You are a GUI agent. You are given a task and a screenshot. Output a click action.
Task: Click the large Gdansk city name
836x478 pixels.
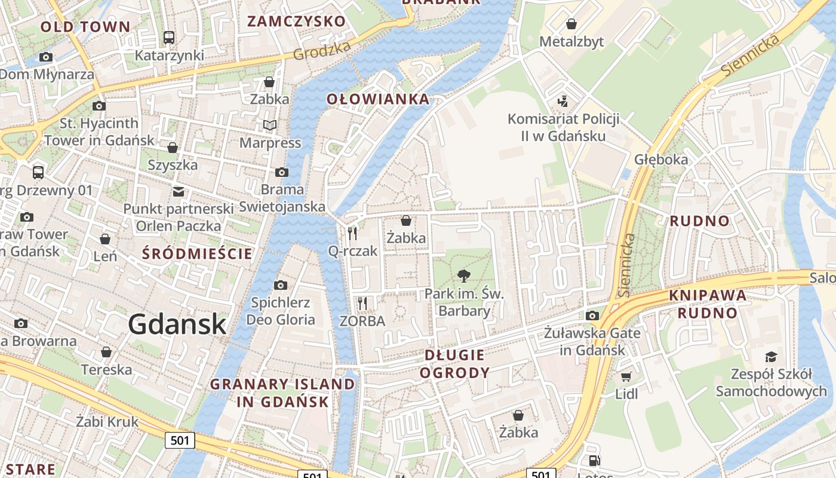177,324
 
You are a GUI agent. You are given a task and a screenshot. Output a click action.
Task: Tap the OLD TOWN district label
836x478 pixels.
85,27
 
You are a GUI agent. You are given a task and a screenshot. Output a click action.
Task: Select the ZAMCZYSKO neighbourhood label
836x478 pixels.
297,22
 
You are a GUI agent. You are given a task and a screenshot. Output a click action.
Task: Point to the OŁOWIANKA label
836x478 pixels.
378,99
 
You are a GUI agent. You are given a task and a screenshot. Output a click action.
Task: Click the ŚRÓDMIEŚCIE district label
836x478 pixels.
197,253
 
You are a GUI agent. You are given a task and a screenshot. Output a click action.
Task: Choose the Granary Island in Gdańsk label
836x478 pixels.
282,393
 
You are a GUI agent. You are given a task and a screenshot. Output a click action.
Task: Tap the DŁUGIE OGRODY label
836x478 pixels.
454,364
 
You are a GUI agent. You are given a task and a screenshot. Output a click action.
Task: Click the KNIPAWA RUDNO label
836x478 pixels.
708,304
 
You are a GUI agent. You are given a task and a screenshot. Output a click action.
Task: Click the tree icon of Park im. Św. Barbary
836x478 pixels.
463,275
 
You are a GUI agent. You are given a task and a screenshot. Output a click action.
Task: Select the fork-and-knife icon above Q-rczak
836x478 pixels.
352,233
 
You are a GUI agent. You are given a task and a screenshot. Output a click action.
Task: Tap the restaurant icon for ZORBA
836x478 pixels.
362,303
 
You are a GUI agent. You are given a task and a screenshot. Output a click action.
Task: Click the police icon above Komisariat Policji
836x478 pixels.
563,101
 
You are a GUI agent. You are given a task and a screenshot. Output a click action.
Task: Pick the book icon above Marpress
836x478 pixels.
270,125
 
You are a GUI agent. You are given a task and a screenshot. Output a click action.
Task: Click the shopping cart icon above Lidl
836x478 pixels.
626,376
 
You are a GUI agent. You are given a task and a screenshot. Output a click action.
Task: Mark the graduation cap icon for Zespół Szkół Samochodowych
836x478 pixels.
771,357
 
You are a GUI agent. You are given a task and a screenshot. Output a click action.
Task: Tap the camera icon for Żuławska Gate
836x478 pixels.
592,315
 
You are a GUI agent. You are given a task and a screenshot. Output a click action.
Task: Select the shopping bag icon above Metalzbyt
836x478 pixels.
571,24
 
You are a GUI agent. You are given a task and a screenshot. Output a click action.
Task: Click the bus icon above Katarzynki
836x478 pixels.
169,38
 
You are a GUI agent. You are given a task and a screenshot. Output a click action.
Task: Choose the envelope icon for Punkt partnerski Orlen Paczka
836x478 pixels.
179,191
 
